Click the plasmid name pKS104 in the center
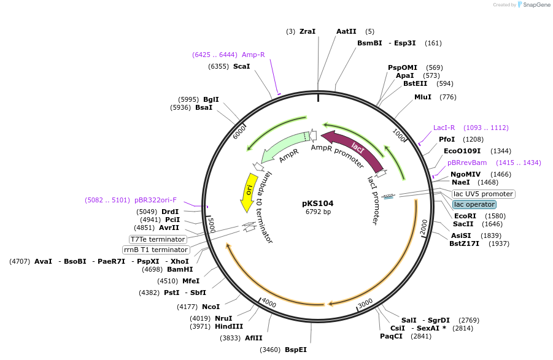(318, 203)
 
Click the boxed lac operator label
(474, 204)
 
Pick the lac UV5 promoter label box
(483, 194)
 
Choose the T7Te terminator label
(158, 239)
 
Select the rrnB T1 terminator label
(156, 250)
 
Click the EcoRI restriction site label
(465, 216)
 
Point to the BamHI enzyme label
(180, 269)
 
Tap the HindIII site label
(229, 326)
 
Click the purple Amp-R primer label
(253, 55)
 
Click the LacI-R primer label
(444, 128)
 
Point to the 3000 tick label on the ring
(365, 303)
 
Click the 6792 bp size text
(318, 212)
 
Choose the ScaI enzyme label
(241, 66)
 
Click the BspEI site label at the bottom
(295, 350)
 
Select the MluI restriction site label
(423, 97)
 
